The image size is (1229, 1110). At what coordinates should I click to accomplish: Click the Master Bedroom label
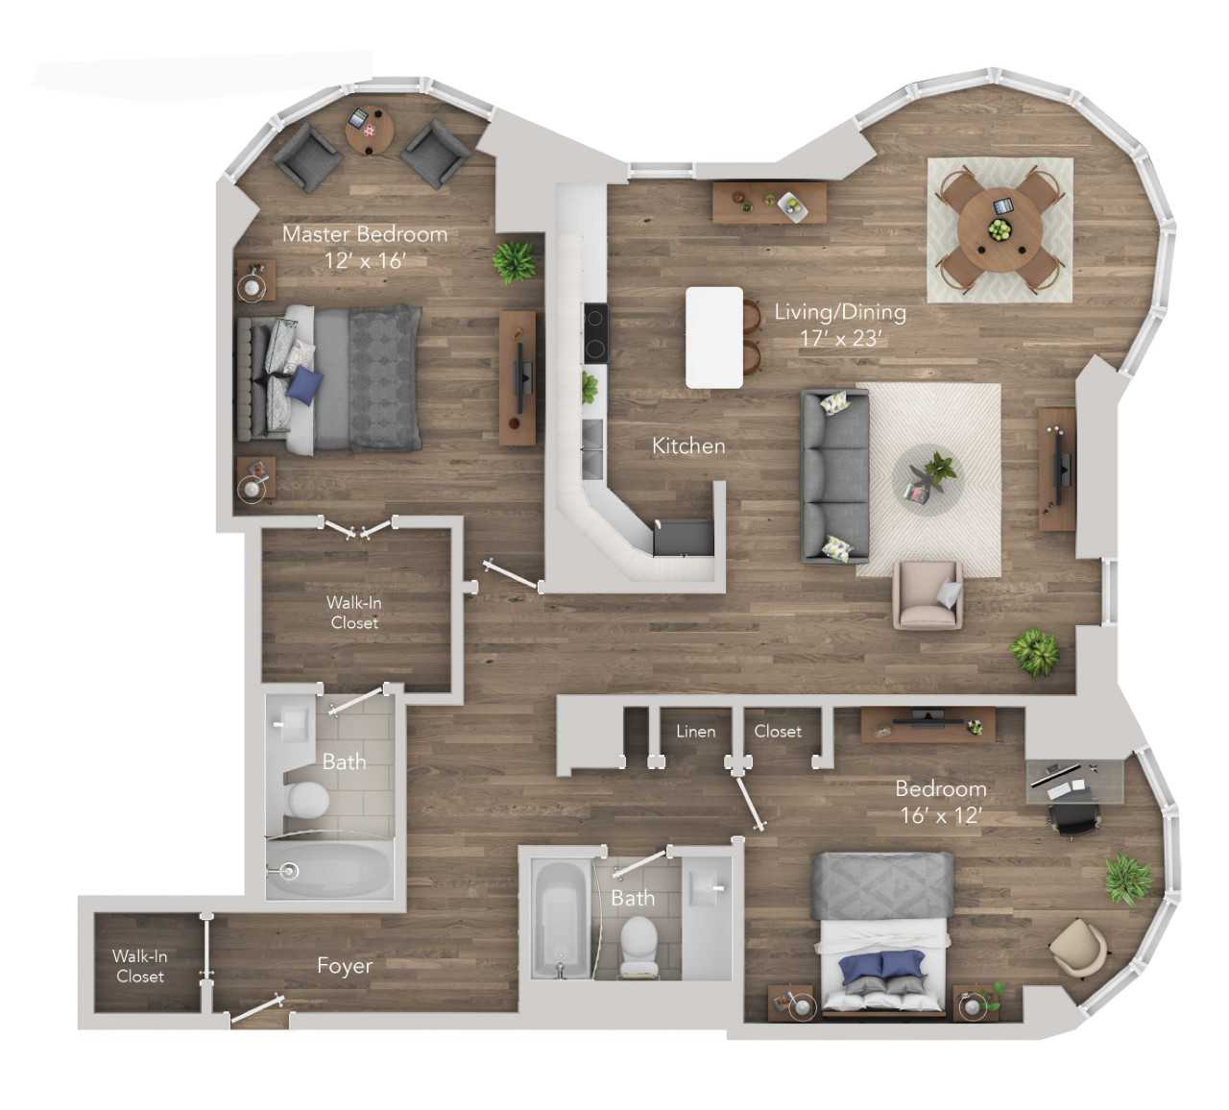click(365, 234)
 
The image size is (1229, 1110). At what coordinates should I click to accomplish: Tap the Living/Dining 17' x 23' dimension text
click(840, 338)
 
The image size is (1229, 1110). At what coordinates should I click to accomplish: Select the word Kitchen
click(688, 446)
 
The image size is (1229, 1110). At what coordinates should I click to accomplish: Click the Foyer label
click(345, 966)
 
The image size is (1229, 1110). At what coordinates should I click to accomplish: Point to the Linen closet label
click(695, 732)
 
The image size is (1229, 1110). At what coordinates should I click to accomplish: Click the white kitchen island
click(714, 337)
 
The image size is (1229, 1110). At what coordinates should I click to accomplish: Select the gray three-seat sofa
click(834, 476)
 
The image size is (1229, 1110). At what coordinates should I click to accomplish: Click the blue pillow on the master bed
click(305, 384)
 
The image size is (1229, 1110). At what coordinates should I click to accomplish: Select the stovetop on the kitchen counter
click(595, 334)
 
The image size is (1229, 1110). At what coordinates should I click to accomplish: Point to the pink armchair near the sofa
click(928, 595)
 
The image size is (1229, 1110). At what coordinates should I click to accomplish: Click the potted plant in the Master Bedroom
click(514, 263)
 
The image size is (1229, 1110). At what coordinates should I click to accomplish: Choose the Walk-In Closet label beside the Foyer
click(139, 966)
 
